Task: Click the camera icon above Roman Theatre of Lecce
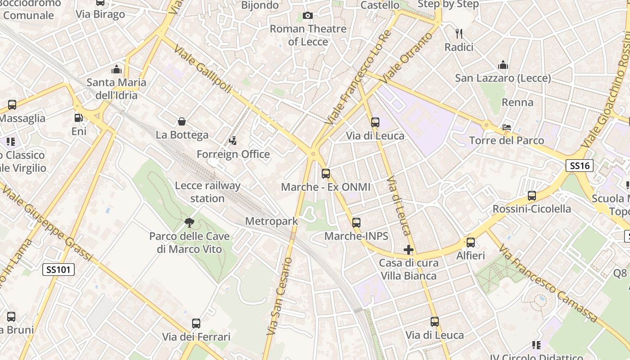pos(308,16)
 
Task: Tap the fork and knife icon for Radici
pos(459,33)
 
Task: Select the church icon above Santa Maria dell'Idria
pos(117,69)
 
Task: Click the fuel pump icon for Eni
pos(79,118)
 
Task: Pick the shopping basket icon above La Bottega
pos(182,121)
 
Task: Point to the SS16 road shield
pos(580,166)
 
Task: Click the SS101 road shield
pos(58,270)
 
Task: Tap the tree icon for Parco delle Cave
pos(189,222)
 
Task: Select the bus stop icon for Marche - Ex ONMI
pos(326,173)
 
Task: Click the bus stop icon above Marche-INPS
pos(356,222)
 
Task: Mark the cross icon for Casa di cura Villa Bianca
pos(409,249)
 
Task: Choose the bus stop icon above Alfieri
pos(471,243)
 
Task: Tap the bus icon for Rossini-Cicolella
pos(532,196)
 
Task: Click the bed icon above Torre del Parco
pos(507,127)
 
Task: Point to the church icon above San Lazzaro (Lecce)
pos(503,65)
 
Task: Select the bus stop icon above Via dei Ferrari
pos(196,323)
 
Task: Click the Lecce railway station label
pos(207,192)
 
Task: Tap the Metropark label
pos(271,221)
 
